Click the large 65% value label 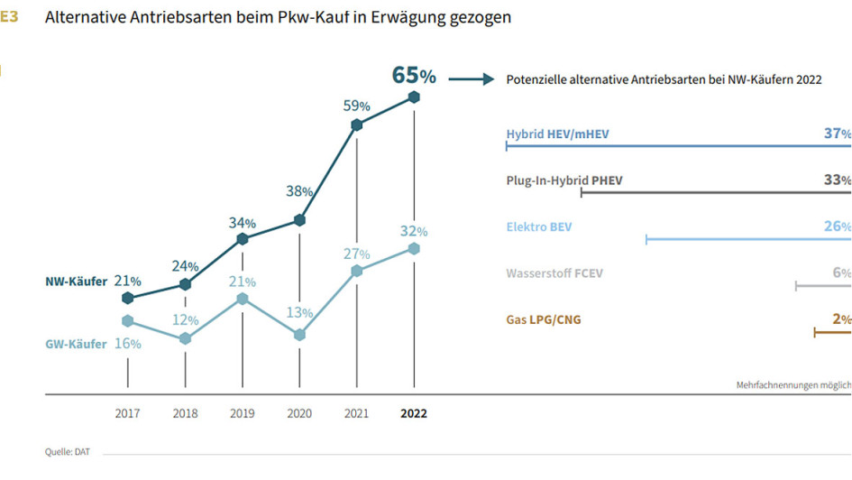pos(414,75)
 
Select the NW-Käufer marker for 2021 pos(357,125)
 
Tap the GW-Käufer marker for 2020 pos(299,335)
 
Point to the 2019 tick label pos(243,414)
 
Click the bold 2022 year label pos(414,414)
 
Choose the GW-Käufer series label pos(76,344)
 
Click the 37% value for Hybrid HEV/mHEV pos(837,134)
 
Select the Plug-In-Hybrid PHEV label pos(564,180)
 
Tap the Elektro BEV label pos(539,227)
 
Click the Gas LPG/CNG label pos(544,319)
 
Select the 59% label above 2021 pos(357,106)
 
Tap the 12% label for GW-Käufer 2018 pos(186,320)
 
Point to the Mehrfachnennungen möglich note pos(792,385)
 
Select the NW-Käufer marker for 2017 pos(128,298)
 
